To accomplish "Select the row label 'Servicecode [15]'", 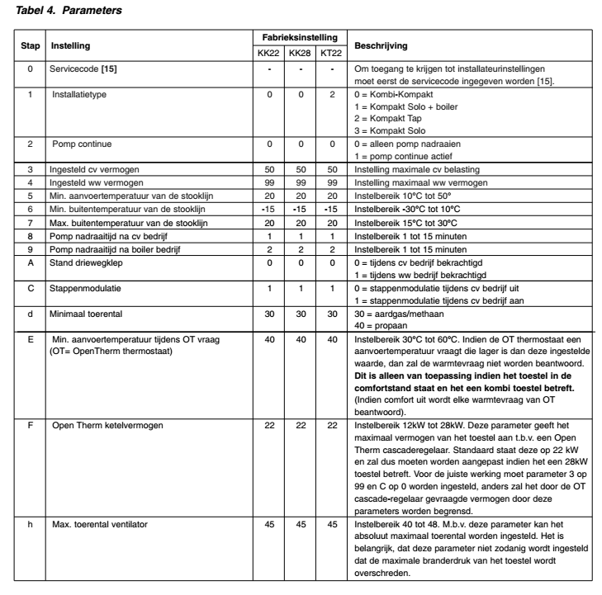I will point(83,67).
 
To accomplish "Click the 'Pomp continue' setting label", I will point(82,144).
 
